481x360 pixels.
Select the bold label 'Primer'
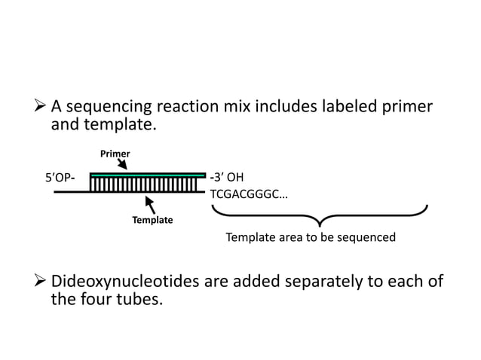tap(115, 154)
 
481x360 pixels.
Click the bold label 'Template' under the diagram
tap(153, 221)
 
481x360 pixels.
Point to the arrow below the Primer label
tap(123, 165)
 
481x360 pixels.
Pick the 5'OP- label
tap(60, 178)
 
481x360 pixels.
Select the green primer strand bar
tap(147, 175)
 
